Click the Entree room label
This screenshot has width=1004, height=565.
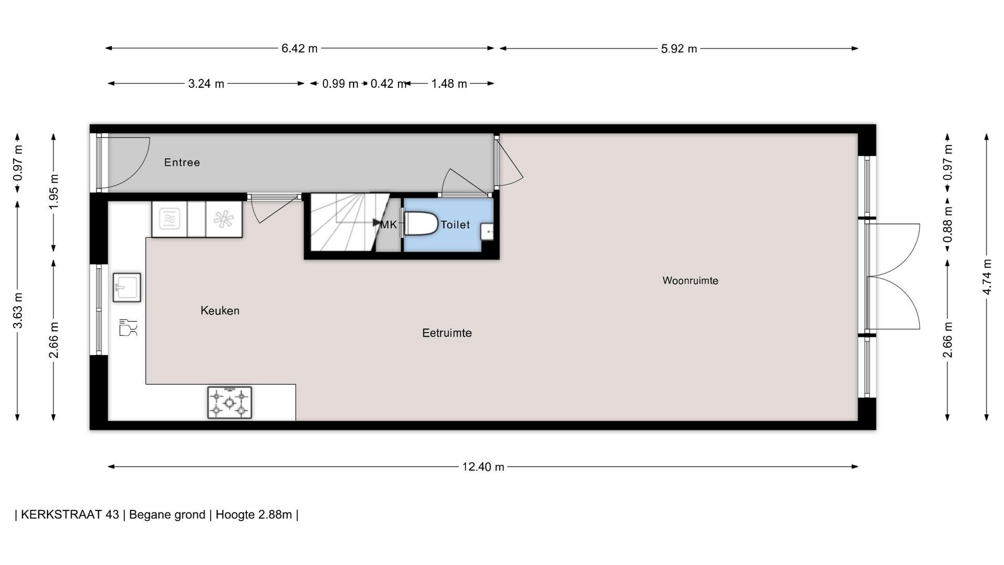pyautogui.click(x=182, y=163)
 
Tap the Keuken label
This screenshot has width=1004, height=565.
pyautogui.click(x=220, y=311)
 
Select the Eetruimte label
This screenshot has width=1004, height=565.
pyautogui.click(x=447, y=333)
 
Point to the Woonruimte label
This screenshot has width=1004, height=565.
pyautogui.click(x=690, y=281)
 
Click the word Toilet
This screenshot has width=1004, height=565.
pyautogui.click(x=455, y=225)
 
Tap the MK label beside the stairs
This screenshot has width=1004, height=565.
pyautogui.click(x=389, y=225)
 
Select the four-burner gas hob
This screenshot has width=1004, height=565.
pyautogui.click(x=230, y=403)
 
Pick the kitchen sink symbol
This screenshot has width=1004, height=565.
pyautogui.click(x=127, y=287)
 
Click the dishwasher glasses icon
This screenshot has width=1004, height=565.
pyautogui.click(x=128, y=327)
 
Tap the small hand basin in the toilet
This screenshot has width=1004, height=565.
pyautogui.click(x=487, y=231)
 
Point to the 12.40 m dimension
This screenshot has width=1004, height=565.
pyautogui.click(x=483, y=467)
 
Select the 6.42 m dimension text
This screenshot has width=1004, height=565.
pyautogui.click(x=300, y=49)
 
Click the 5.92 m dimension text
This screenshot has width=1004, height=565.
pyautogui.click(x=679, y=49)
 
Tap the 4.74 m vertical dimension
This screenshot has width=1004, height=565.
pyautogui.click(x=987, y=277)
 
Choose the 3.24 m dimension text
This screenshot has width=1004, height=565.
pyautogui.click(x=206, y=84)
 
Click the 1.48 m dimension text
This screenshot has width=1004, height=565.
pyautogui.click(x=449, y=84)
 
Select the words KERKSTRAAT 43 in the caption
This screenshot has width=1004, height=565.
pyautogui.click(x=70, y=515)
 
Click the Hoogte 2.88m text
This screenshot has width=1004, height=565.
pyautogui.click(x=254, y=515)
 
